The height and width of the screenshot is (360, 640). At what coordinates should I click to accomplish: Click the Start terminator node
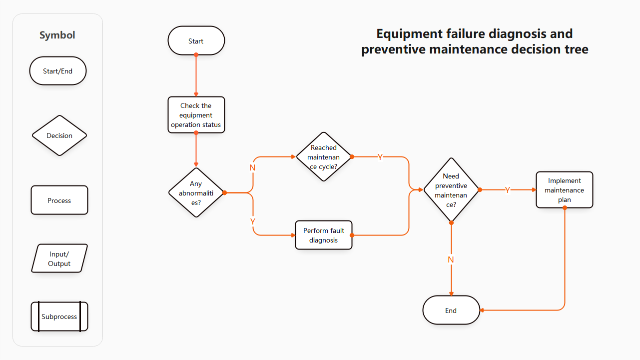[196, 41]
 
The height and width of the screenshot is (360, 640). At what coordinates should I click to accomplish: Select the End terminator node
[451, 310]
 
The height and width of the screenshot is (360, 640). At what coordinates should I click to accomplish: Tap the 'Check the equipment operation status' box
[196, 115]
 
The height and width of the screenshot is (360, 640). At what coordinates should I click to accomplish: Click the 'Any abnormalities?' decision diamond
[196, 193]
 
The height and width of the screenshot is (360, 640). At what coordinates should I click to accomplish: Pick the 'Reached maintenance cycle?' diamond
[324, 157]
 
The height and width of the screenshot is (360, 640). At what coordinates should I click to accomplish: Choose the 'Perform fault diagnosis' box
[324, 235]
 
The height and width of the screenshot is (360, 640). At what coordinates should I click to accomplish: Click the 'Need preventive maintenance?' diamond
[451, 190]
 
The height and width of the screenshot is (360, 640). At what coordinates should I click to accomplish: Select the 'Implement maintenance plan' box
[564, 190]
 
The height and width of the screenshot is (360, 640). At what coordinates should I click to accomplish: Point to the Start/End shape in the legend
[58, 71]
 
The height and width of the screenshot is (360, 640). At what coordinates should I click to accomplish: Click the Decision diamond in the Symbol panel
[59, 135]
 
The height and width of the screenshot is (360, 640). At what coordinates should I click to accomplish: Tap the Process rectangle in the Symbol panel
[59, 200]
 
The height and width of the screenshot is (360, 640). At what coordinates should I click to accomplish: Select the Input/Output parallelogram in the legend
[59, 258]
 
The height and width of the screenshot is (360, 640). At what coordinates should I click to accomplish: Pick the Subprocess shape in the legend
[59, 316]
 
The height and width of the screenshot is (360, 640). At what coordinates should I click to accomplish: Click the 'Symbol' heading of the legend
[57, 35]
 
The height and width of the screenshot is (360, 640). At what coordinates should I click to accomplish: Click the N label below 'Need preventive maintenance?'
[451, 259]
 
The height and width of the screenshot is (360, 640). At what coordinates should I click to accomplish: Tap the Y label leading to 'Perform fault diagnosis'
[253, 221]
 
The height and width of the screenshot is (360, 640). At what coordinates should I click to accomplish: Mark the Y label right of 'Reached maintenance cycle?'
[380, 157]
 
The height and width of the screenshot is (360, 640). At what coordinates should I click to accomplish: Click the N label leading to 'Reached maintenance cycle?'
[252, 167]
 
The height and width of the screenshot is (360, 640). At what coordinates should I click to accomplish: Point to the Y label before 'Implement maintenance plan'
[508, 190]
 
